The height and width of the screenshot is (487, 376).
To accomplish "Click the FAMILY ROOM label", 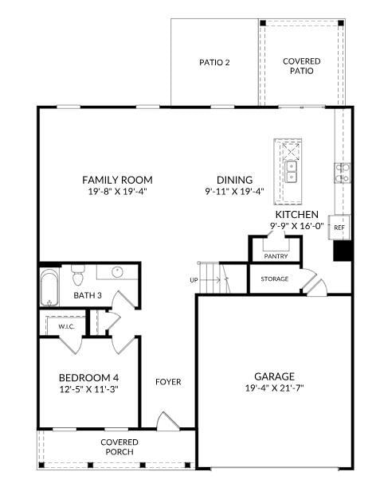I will click(x=117, y=180).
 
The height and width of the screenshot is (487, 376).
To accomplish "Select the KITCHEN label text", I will click(x=297, y=215).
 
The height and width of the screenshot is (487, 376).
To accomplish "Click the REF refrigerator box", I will click(x=339, y=228).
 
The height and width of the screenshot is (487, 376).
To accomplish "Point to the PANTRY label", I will click(x=276, y=256).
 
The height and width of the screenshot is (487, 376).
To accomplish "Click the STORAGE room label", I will click(x=274, y=279).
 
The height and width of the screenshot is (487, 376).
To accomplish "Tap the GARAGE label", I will click(x=274, y=376).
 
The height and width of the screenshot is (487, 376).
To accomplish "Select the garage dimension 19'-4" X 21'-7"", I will click(x=274, y=388).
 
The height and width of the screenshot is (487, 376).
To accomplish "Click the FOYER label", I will click(x=168, y=382).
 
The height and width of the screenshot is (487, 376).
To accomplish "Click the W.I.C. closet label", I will click(x=66, y=326).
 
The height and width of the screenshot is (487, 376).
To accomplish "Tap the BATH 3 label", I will click(x=88, y=295).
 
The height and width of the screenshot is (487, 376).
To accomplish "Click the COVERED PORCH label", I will click(x=119, y=447).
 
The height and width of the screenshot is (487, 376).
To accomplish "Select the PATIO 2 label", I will click(x=214, y=62).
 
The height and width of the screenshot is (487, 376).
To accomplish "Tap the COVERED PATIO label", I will click(x=302, y=66).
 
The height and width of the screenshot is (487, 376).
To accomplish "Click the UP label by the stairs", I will click(x=194, y=280).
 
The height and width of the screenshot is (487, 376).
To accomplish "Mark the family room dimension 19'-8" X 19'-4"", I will click(x=117, y=191).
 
